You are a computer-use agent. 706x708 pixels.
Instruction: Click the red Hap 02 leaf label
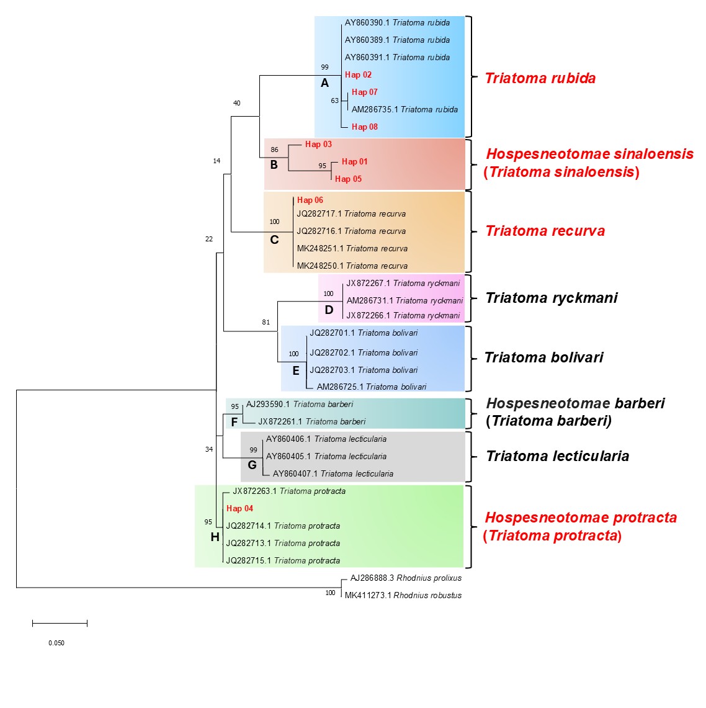point(358,74)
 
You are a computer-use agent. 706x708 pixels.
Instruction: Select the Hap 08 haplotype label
point(364,127)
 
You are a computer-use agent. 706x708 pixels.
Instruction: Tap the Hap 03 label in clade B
point(318,144)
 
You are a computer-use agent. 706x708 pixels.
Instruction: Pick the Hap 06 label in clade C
point(310,200)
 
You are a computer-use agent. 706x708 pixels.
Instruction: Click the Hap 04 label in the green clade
point(239,508)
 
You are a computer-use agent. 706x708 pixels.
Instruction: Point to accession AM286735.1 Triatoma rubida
point(404,109)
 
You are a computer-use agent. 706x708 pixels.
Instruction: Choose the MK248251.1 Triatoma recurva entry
point(352,248)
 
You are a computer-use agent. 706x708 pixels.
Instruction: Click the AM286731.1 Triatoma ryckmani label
point(404,300)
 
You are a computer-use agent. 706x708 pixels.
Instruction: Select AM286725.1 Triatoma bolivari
point(371,387)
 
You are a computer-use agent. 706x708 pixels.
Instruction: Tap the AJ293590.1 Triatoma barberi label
point(300,404)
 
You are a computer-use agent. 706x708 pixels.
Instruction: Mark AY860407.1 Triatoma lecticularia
point(333,473)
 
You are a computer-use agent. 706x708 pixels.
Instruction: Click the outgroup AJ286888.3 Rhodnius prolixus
point(406,578)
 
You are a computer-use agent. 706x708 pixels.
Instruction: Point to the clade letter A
point(324,83)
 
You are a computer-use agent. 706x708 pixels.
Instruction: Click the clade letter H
point(215,537)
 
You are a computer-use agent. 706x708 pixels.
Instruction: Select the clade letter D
point(329,310)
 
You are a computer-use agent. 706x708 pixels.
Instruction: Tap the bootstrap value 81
point(266,322)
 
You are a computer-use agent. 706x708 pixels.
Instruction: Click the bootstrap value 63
point(335,101)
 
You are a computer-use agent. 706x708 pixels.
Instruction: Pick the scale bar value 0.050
point(56,643)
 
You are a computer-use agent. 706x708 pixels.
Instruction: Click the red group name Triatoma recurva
point(545,231)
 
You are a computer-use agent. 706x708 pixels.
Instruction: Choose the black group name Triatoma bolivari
point(543,357)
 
